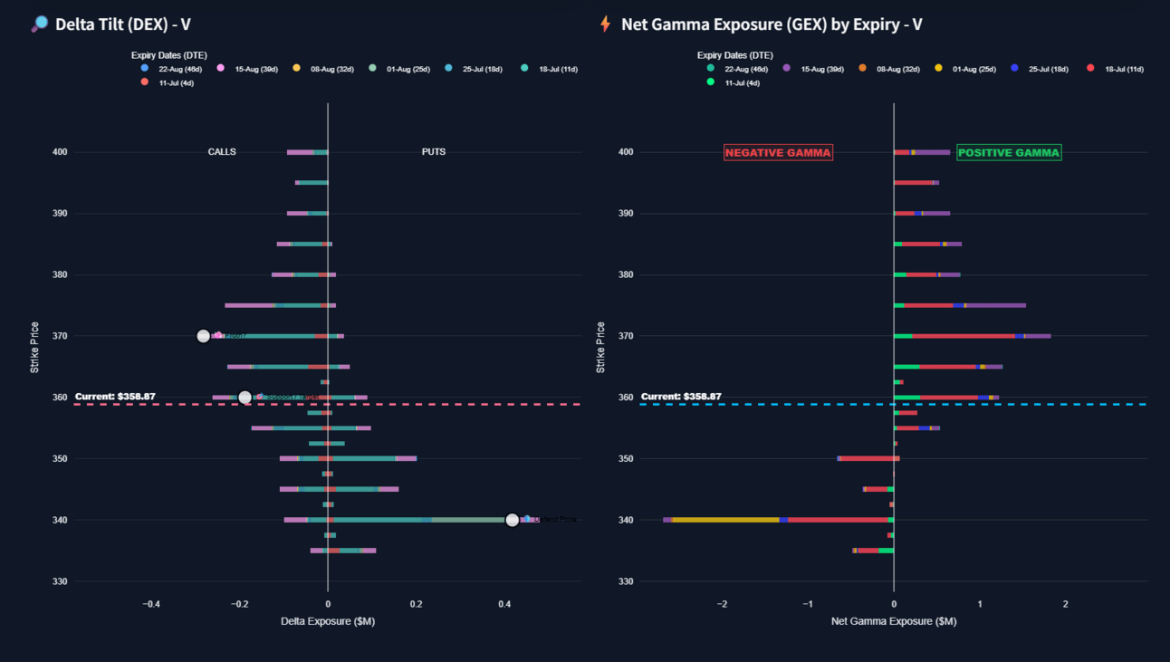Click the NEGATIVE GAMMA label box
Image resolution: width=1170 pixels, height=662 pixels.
point(778,152)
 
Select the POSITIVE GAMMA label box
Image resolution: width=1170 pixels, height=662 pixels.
point(1009,152)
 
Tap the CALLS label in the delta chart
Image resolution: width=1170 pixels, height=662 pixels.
point(222,152)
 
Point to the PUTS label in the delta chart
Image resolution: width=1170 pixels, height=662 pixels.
point(434,152)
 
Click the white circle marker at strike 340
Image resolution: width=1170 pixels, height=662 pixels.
point(513,520)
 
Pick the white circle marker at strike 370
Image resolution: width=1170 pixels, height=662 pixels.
point(204,336)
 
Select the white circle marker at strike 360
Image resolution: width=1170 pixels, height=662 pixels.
point(245,398)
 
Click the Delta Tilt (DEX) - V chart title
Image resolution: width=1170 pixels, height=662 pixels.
point(122,24)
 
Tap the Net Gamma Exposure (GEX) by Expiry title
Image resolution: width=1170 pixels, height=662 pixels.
point(772,24)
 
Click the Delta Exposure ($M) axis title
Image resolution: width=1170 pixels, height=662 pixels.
point(328,621)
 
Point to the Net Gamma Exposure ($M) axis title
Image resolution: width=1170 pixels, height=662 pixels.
point(894,621)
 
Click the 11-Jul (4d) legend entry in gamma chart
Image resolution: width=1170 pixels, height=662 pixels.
point(742,82)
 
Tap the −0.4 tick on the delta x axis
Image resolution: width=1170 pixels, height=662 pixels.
point(151,604)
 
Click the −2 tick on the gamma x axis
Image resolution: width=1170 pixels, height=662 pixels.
point(722,604)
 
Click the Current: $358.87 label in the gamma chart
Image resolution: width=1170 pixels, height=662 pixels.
point(681,397)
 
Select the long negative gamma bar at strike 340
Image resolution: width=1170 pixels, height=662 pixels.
point(779,520)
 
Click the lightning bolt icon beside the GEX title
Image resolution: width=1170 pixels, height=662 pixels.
point(606,24)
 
